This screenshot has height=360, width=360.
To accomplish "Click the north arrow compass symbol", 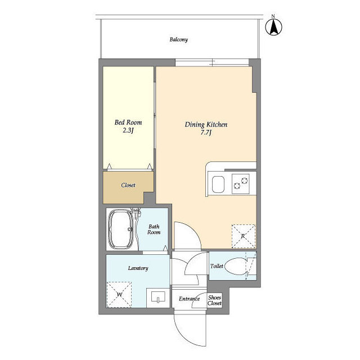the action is [x=273, y=27].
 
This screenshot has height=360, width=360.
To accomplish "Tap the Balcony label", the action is [x=179, y=39].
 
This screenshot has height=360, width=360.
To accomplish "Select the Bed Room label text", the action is [x=128, y=122].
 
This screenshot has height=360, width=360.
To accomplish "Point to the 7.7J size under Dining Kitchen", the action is [x=206, y=133].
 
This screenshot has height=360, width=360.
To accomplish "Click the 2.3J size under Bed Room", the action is [x=128, y=130].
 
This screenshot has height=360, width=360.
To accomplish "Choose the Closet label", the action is [x=128, y=185].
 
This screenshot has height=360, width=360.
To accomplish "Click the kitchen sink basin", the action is [x=218, y=184].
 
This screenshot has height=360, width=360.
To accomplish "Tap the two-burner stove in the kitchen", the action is [x=241, y=184].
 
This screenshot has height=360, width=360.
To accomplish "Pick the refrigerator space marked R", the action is [x=244, y=236].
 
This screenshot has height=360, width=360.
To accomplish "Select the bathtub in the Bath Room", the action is [x=121, y=229].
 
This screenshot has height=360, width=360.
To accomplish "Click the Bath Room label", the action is [x=154, y=229].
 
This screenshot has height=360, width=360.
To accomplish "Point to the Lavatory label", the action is [x=138, y=268].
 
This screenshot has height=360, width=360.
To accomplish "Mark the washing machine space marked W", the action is [x=119, y=294].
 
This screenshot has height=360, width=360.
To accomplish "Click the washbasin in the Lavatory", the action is [x=158, y=297].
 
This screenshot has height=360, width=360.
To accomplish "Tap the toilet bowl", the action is [x=236, y=266].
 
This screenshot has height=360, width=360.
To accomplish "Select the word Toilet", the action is [x=217, y=266].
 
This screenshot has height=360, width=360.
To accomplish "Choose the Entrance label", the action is [x=190, y=299].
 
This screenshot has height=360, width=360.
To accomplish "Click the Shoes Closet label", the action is [x=215, y=300].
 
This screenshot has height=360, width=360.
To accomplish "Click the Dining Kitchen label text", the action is [x=206, y=124].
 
